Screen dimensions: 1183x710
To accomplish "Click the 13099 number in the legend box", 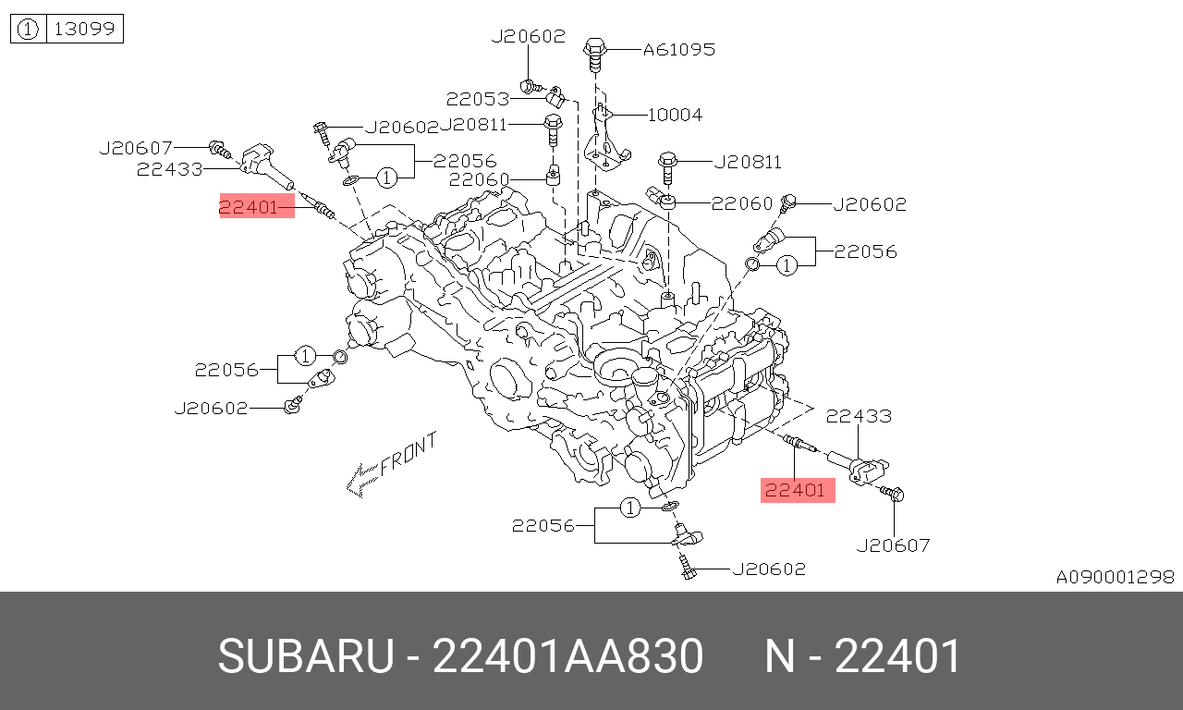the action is [x=84, y=30].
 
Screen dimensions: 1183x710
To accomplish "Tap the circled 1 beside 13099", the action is [x=28, y=30].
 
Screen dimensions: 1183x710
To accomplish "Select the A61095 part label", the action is [x=679, y=49].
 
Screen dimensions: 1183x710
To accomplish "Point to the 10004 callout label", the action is [x=675, y=115].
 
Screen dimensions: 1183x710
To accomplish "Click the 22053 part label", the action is [x=478, y=99].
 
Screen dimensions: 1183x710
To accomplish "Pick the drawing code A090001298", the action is [x=1116, y=577].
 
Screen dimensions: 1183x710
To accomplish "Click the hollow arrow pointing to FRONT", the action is [x=360, y=478].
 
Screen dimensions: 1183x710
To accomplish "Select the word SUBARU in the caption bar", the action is [x=306, y=657].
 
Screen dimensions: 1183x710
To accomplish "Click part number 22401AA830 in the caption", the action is [x=567, y=657].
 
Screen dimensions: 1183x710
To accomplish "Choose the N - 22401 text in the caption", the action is [x=863, y=657].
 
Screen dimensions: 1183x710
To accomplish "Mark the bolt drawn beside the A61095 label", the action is [x=594, y=53].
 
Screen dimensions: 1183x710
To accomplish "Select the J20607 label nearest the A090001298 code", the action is [x=893, y=545].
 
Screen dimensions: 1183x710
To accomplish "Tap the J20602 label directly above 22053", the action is [x=528, y=36].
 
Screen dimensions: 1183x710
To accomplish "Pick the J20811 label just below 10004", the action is [x=748, y=163].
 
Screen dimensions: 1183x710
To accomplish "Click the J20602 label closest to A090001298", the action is [x=769, y=569].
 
